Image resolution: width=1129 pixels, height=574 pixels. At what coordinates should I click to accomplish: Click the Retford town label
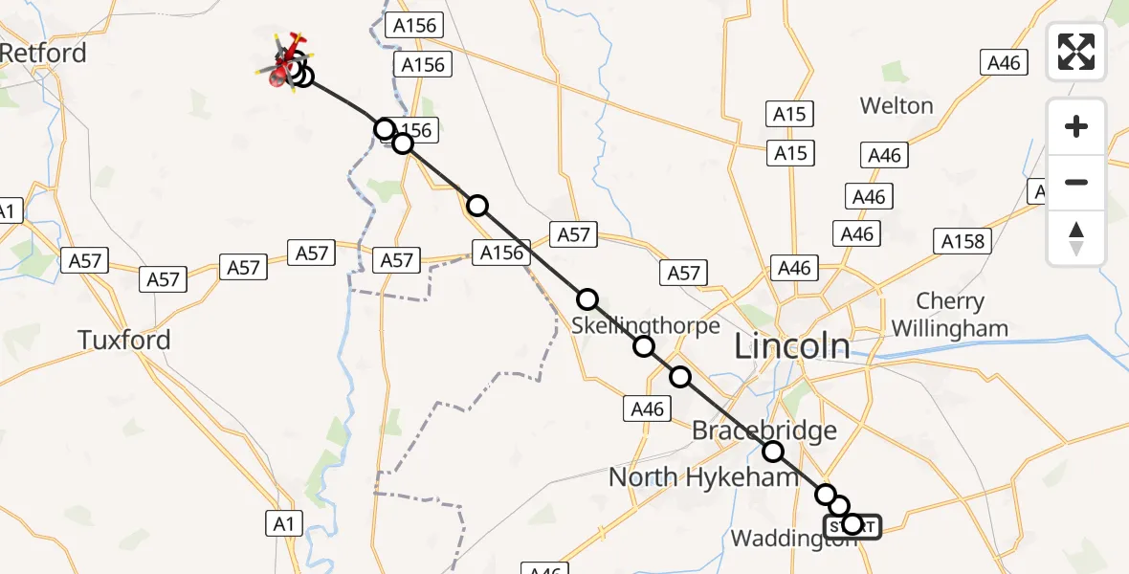coord(43,53)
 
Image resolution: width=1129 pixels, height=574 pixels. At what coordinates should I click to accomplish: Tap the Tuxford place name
coord(124,340)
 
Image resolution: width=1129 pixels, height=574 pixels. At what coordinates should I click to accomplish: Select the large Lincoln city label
coord(791,346)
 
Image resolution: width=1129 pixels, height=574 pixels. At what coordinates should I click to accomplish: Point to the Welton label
coord(897,105)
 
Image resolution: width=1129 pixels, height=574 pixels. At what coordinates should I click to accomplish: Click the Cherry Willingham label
coord(949,315)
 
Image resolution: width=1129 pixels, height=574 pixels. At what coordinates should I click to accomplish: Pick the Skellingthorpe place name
coord(646,325)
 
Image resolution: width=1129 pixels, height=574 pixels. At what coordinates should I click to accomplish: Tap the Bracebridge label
coord(750,431)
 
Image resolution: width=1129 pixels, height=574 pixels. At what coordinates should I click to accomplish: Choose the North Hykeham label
coord(690,476)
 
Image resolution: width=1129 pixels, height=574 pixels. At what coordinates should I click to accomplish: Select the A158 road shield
coord(963,241)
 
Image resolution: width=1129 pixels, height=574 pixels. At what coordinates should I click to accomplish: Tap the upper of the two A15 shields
coord(789,115)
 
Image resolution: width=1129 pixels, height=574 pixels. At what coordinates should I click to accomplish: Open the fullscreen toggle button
coord(1076,52)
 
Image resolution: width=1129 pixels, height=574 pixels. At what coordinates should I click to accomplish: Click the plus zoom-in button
coord(1076,126)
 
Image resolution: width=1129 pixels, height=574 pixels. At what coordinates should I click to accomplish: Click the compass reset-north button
coord(1076,238)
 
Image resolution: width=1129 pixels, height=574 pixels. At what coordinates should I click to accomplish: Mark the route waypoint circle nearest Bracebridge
coord(772,452)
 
